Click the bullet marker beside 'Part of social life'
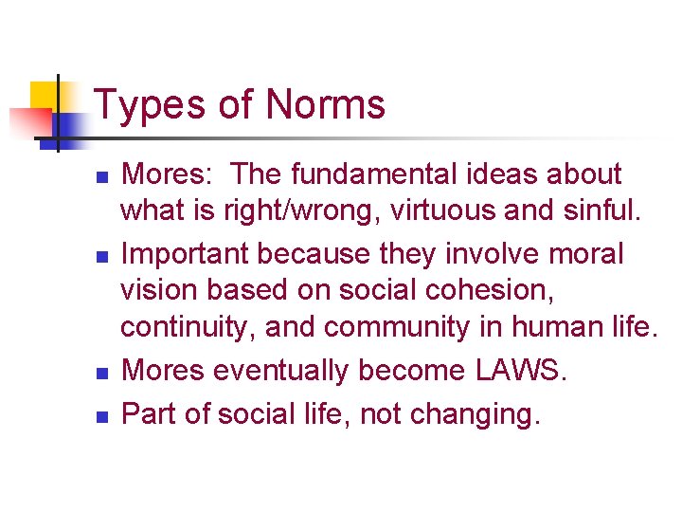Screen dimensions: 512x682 pyautogui.click(x=103, y=415)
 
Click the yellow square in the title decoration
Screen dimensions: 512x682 pyautogui.click(x=48, y=97)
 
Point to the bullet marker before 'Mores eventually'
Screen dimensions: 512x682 pyautogui.click(x=103, y=372)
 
